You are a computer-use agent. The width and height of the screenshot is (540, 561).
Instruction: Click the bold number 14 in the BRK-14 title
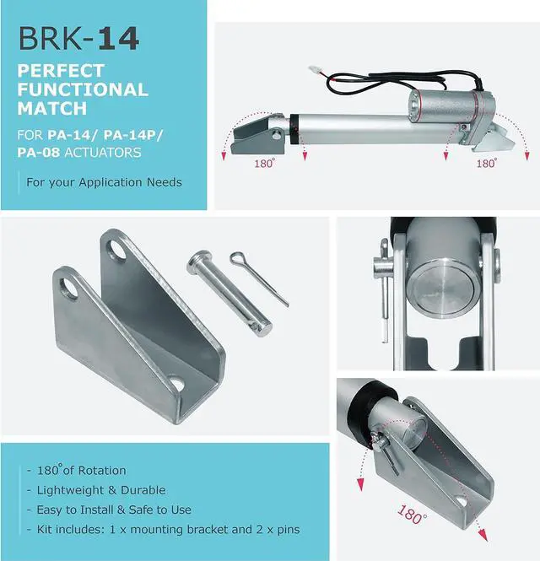coord(118,38)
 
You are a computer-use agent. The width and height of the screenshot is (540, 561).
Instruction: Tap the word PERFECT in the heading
coord(61,71)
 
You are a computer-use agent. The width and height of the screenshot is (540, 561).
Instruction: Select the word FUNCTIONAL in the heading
coord(83,89)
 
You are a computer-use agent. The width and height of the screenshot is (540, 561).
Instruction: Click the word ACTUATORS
coord(103,153)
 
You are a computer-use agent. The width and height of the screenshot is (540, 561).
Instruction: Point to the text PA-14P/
coord(132,135)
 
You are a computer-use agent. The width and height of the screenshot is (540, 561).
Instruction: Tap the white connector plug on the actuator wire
coord(314,69)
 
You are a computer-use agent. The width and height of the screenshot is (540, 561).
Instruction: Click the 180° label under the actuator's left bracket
coord(265,163)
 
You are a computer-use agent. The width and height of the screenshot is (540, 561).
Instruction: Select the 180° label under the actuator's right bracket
coord(486,163)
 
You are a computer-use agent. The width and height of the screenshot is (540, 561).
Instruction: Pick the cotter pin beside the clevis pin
coord(259,278)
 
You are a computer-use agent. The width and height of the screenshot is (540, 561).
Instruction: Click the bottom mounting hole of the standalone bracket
coord(176,383)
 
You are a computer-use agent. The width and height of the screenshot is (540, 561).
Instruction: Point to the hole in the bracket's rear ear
coord(118,250)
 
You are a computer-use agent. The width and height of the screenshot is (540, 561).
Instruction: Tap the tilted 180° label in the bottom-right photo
coord(412,515)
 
